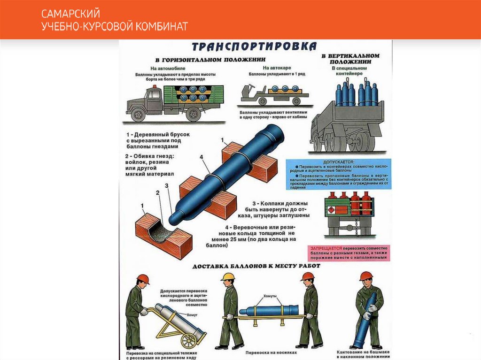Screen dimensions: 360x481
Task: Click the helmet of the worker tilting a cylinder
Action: pyautogui.click(x=366, y=276)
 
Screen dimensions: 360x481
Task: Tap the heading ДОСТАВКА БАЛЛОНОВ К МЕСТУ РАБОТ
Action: pyautogui.click(x=256, y=266)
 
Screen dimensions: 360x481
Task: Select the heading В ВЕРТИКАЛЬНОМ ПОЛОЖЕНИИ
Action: pyautogui.click(x=350, y=58)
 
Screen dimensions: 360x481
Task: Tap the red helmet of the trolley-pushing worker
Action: pyautogui.click(x=143, y=279)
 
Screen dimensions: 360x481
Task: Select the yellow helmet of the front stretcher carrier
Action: pyautogui.click(x=228, y=276)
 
